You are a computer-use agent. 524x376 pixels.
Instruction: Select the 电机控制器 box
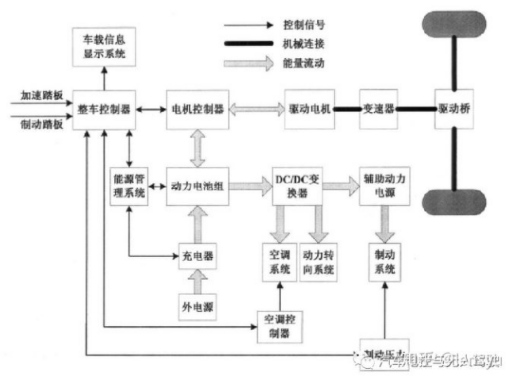click(x=197, y=107)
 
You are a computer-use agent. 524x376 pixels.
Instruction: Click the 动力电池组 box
click(x=197, y=186)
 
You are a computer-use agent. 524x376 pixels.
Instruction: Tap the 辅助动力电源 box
click(x=384, y=186)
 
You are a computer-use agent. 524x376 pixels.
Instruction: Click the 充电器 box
click(x=197, y=256)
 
